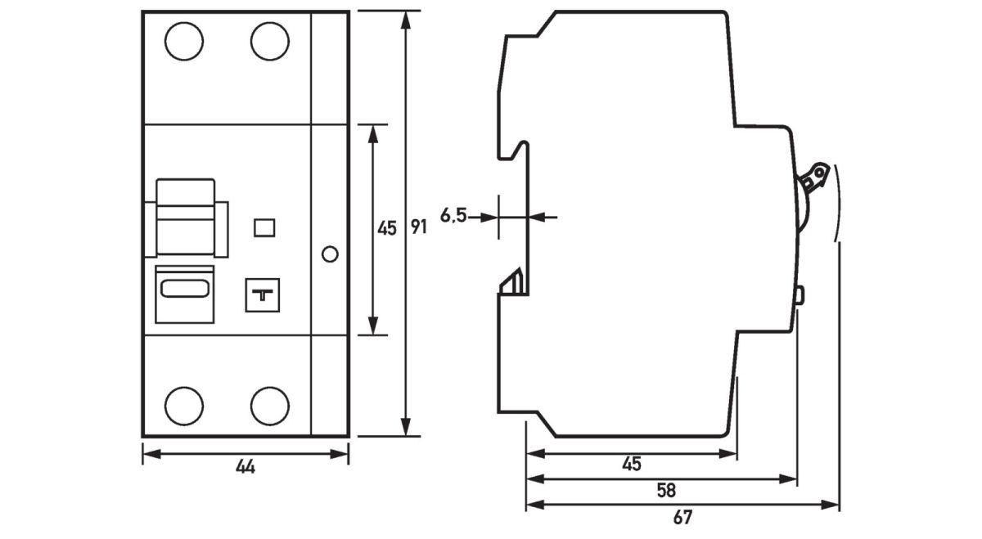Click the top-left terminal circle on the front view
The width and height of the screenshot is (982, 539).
[x=183, y=42]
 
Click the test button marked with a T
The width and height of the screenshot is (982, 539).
[x=263, y=295]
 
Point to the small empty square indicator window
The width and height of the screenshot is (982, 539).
[x=264, y=227]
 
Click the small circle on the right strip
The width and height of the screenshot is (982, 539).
[x=330, y=254]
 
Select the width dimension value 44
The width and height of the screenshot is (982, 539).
[x=245, y=467]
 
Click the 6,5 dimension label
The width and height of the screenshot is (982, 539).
[x=453, y=216]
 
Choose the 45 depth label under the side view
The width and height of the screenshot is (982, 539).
[x=630, y=465]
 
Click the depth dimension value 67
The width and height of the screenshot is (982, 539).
[x=682, y=517]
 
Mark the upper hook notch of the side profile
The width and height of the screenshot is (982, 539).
[x=519, y=150]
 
